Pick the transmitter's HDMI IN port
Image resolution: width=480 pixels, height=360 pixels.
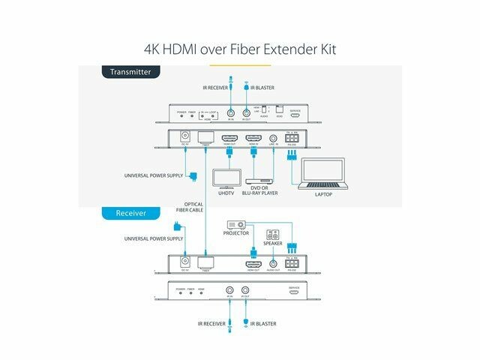click(253, 139)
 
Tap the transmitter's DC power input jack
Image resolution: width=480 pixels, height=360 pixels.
click(183, 139)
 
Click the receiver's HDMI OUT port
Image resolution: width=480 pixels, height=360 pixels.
click(253, 264)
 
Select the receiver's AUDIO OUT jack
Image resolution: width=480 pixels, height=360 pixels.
click(273, 264)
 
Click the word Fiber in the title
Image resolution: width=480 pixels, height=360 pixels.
click(251, 50)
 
